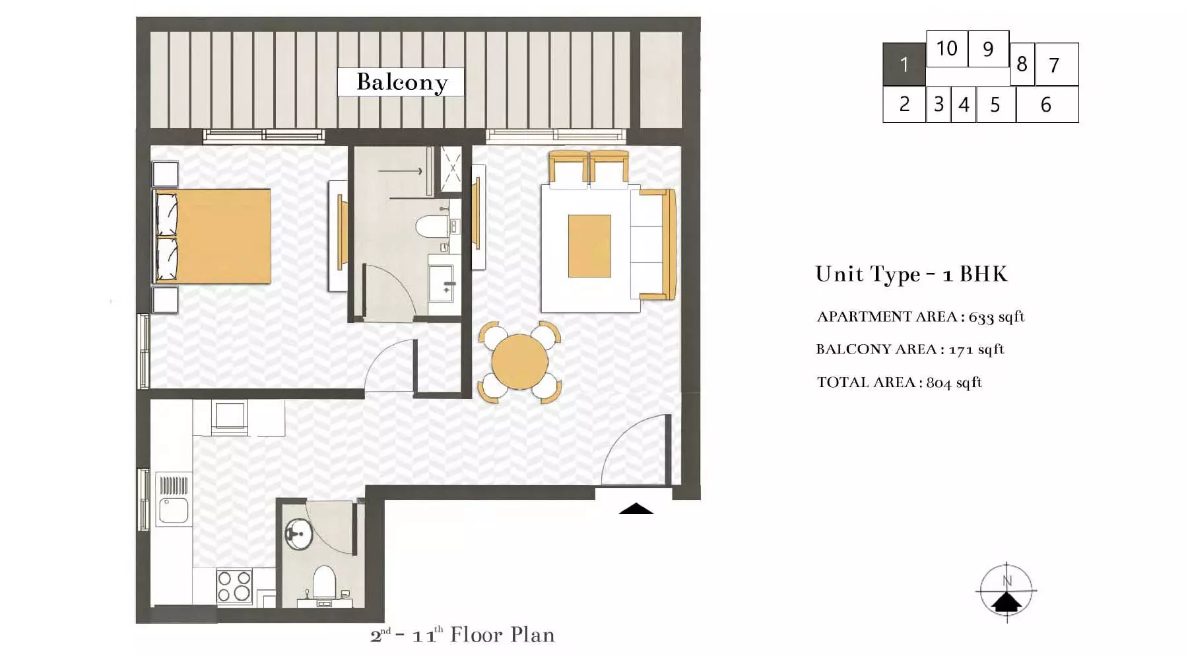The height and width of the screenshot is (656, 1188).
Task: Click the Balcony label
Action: tap(401, 82)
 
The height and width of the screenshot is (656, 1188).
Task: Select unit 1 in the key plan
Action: tap(904, 64)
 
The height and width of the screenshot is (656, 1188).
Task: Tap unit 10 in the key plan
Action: tap(946, 48)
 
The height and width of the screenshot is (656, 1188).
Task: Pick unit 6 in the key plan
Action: tap(1047, 104)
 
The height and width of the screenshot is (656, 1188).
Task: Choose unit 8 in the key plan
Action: tap(1022, 64)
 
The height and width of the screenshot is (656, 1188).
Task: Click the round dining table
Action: tap(520, 362)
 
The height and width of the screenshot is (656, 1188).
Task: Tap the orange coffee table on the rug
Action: tap(589, 246)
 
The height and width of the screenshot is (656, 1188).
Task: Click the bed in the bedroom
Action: tap(213, 237)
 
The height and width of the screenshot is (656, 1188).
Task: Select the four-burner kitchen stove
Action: tap(234, 587)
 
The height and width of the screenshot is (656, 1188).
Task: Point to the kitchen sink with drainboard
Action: tap(174, 499)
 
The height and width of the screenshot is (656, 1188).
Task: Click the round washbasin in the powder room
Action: tap(298, 534)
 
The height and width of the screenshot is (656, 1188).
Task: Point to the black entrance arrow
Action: tap(636, 509)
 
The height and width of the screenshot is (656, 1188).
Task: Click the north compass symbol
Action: tap(1006, 591)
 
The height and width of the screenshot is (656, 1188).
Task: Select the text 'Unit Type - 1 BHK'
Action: tap(911, 274)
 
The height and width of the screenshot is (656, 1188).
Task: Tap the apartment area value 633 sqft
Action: tap(997, 317)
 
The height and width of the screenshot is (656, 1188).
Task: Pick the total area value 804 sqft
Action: tap(954, 383)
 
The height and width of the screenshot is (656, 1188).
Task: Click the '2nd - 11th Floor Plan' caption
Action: tap(462, 635)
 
